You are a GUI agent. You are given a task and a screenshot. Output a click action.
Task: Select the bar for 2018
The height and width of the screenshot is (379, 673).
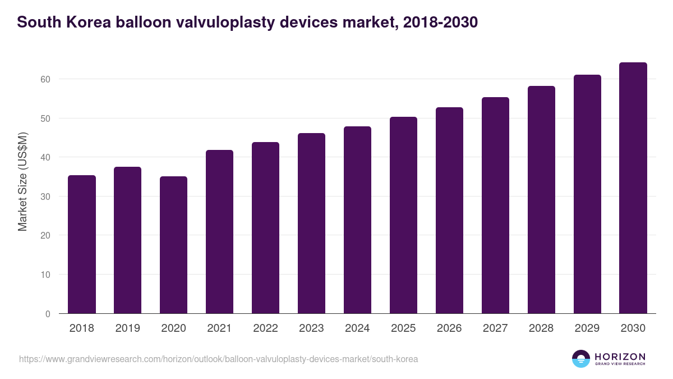82,244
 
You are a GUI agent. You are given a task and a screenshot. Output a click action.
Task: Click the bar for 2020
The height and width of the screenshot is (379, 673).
174,245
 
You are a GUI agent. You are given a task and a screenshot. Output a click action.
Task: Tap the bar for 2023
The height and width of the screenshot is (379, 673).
311,223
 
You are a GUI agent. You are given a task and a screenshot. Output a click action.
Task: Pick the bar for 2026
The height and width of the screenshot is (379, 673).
449,211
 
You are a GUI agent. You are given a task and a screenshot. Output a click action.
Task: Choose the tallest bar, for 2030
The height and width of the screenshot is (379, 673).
633,188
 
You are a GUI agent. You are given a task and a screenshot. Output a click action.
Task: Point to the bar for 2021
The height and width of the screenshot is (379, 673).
220,231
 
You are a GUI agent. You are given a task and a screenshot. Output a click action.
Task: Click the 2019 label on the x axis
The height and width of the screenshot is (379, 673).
128,328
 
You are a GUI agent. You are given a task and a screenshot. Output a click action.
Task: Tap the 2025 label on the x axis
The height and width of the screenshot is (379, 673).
403,328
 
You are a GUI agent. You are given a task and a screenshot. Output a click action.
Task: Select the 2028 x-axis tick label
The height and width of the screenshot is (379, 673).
541,328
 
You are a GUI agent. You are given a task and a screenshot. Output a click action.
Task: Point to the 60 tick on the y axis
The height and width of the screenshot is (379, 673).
45,79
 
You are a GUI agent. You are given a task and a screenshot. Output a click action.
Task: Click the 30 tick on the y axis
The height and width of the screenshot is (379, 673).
45,197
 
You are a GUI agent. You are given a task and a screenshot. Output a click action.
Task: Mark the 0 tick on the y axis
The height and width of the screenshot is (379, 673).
48,314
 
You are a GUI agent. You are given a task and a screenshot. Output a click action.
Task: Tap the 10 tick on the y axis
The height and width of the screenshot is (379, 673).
45,275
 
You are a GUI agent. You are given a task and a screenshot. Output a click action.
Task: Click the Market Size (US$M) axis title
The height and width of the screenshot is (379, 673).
22,181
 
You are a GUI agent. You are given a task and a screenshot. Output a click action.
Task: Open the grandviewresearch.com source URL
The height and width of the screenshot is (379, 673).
218,359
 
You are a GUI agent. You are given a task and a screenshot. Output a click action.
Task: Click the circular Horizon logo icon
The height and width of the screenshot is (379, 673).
581,359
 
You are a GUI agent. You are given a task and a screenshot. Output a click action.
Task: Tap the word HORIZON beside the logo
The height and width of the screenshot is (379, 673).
620,357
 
